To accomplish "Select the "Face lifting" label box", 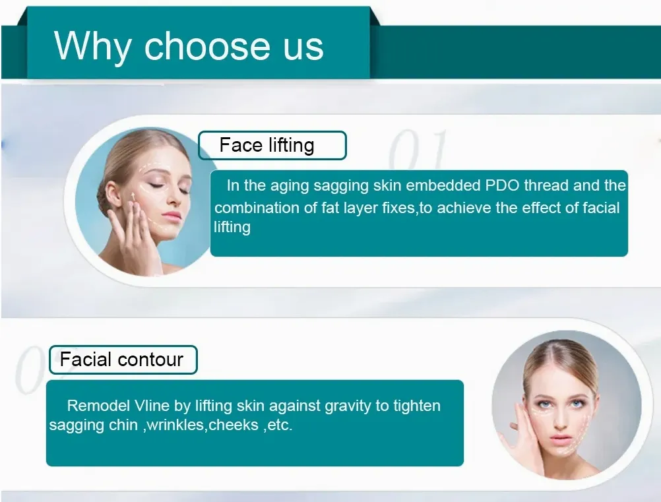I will pyautogui.click(x=272, y=145).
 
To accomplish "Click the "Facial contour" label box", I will pyautogui.click(x=123, y=360).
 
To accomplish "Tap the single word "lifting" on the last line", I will pyautogui.click(x=232, y=228).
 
